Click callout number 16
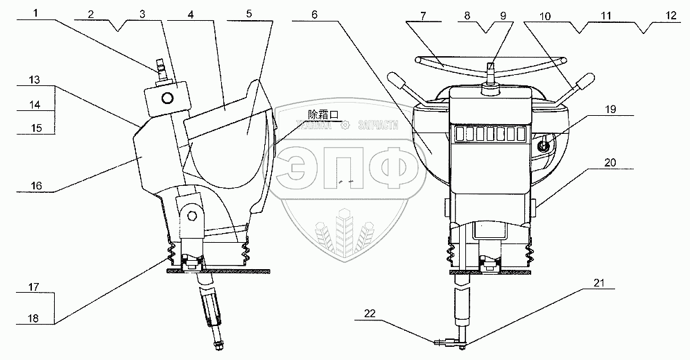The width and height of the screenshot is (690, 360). point(35,187)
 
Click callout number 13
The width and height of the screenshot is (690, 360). point(35,80)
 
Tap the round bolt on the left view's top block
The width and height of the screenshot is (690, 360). point(167,98)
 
